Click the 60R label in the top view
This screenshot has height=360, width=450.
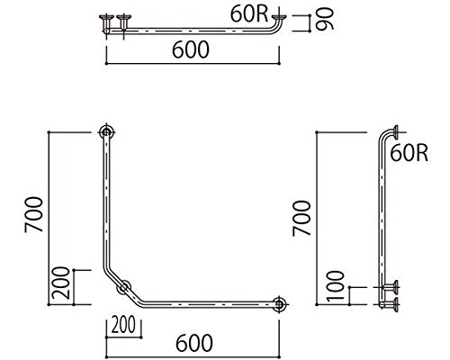[x=249, y=13]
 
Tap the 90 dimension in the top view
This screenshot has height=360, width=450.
[x=324, y=19]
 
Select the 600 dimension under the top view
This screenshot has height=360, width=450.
[x=191, y=49]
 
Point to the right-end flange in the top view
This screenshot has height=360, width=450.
[x=280, y=17]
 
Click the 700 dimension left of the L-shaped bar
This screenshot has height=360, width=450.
[x=34, y=214]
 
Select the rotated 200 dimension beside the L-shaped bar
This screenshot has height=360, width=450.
[x=60, y=283]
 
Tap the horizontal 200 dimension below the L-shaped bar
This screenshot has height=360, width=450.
[x=123, y=325]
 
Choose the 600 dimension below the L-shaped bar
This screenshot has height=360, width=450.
[x=194, y=343]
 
